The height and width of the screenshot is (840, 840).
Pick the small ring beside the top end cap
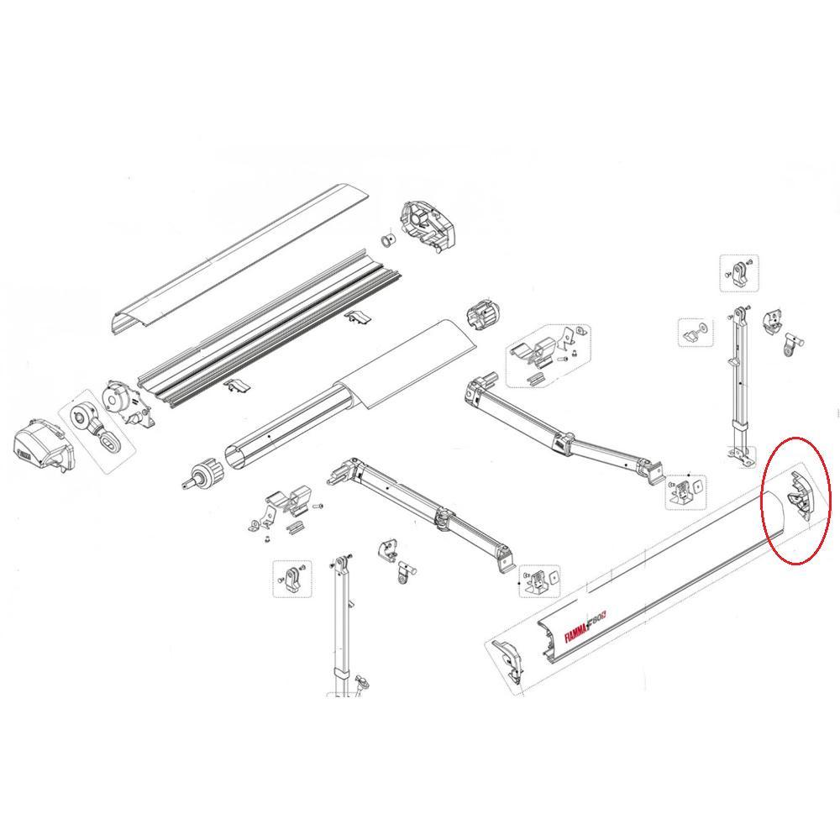[x=387, y=241]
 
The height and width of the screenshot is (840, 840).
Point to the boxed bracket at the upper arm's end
[x=687, y=491]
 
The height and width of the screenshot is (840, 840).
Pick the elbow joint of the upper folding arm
[x=559, y=440]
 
